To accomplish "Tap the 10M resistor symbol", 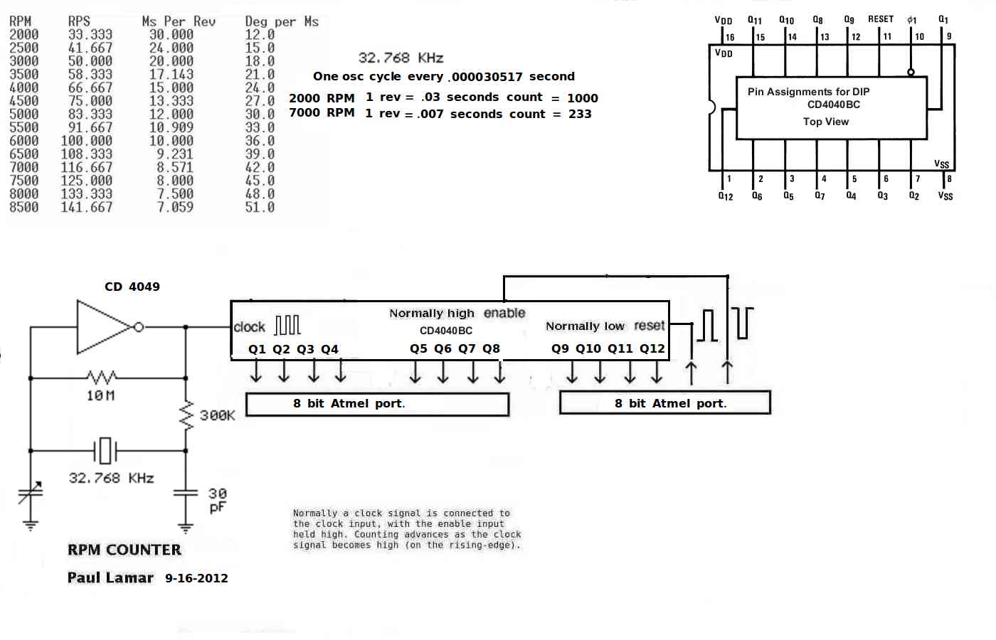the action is [102, 378].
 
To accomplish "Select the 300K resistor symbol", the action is [186, 415].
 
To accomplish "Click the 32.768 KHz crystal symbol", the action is [105, 451].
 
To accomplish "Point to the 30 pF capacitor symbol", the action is [186, 493].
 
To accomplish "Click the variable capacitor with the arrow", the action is [30, 493].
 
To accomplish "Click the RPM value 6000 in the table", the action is [24, 141].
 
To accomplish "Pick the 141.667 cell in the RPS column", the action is [87, 207].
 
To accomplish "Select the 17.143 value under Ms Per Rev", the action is [171, 74].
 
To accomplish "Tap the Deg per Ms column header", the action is [282, 22].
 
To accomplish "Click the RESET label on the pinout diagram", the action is [881, 19].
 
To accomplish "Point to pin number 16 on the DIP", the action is [730, 37].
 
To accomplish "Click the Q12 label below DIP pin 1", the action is [726, 196].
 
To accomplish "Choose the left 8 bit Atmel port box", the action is [378, 404].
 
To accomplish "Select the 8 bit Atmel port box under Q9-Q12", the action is [665, 402].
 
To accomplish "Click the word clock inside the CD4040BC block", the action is [249, 327].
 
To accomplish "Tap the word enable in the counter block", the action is [504, 314].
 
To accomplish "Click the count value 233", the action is [580, 114].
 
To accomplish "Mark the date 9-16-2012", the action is [196, 578].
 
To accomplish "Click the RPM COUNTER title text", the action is [124, 550].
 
